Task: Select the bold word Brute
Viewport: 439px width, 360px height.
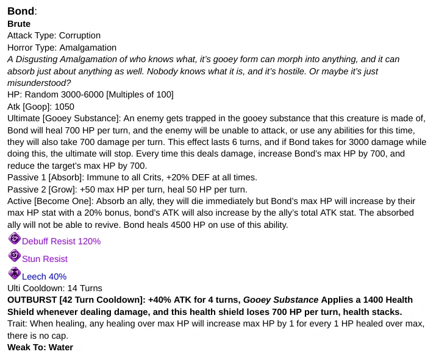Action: point(19,24)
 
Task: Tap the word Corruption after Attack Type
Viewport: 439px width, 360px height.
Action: point(80,35)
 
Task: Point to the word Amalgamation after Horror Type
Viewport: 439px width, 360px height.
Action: point(88,47)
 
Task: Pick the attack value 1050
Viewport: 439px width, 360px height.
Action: point(65,106)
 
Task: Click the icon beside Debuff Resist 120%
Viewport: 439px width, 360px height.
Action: point(14,239)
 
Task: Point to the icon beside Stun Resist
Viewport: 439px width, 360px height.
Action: point(14,256)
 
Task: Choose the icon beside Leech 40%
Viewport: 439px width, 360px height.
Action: point(14,274)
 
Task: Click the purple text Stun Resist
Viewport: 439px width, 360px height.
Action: point(45,259)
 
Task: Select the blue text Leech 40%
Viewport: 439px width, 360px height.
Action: point(44,277)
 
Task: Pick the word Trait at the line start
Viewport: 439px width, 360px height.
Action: point(16,323)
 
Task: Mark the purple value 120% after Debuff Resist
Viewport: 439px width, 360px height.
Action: point(89,241)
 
